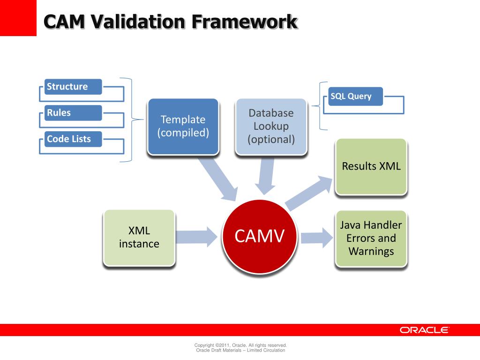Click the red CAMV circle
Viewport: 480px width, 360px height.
[259, 236]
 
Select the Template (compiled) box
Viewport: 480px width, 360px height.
[183, 126]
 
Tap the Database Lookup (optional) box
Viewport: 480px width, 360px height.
[271, 126]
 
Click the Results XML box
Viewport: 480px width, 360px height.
[371, 166]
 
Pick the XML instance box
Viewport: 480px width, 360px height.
[139, 237]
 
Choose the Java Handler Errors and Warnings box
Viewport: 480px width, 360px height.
[371, 238]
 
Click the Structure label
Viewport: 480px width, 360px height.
[73, 87]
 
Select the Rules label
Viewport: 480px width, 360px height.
[73, 113]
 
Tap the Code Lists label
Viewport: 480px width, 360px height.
[73, 139]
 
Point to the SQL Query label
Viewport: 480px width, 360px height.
[355, 97]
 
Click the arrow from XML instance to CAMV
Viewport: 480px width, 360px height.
[194, 236]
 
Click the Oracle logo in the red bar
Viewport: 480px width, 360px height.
[424, 330]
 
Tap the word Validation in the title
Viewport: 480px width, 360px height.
[140, 21]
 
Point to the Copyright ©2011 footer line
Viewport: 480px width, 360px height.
[240, 345]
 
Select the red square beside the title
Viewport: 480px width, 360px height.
[18, 18]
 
